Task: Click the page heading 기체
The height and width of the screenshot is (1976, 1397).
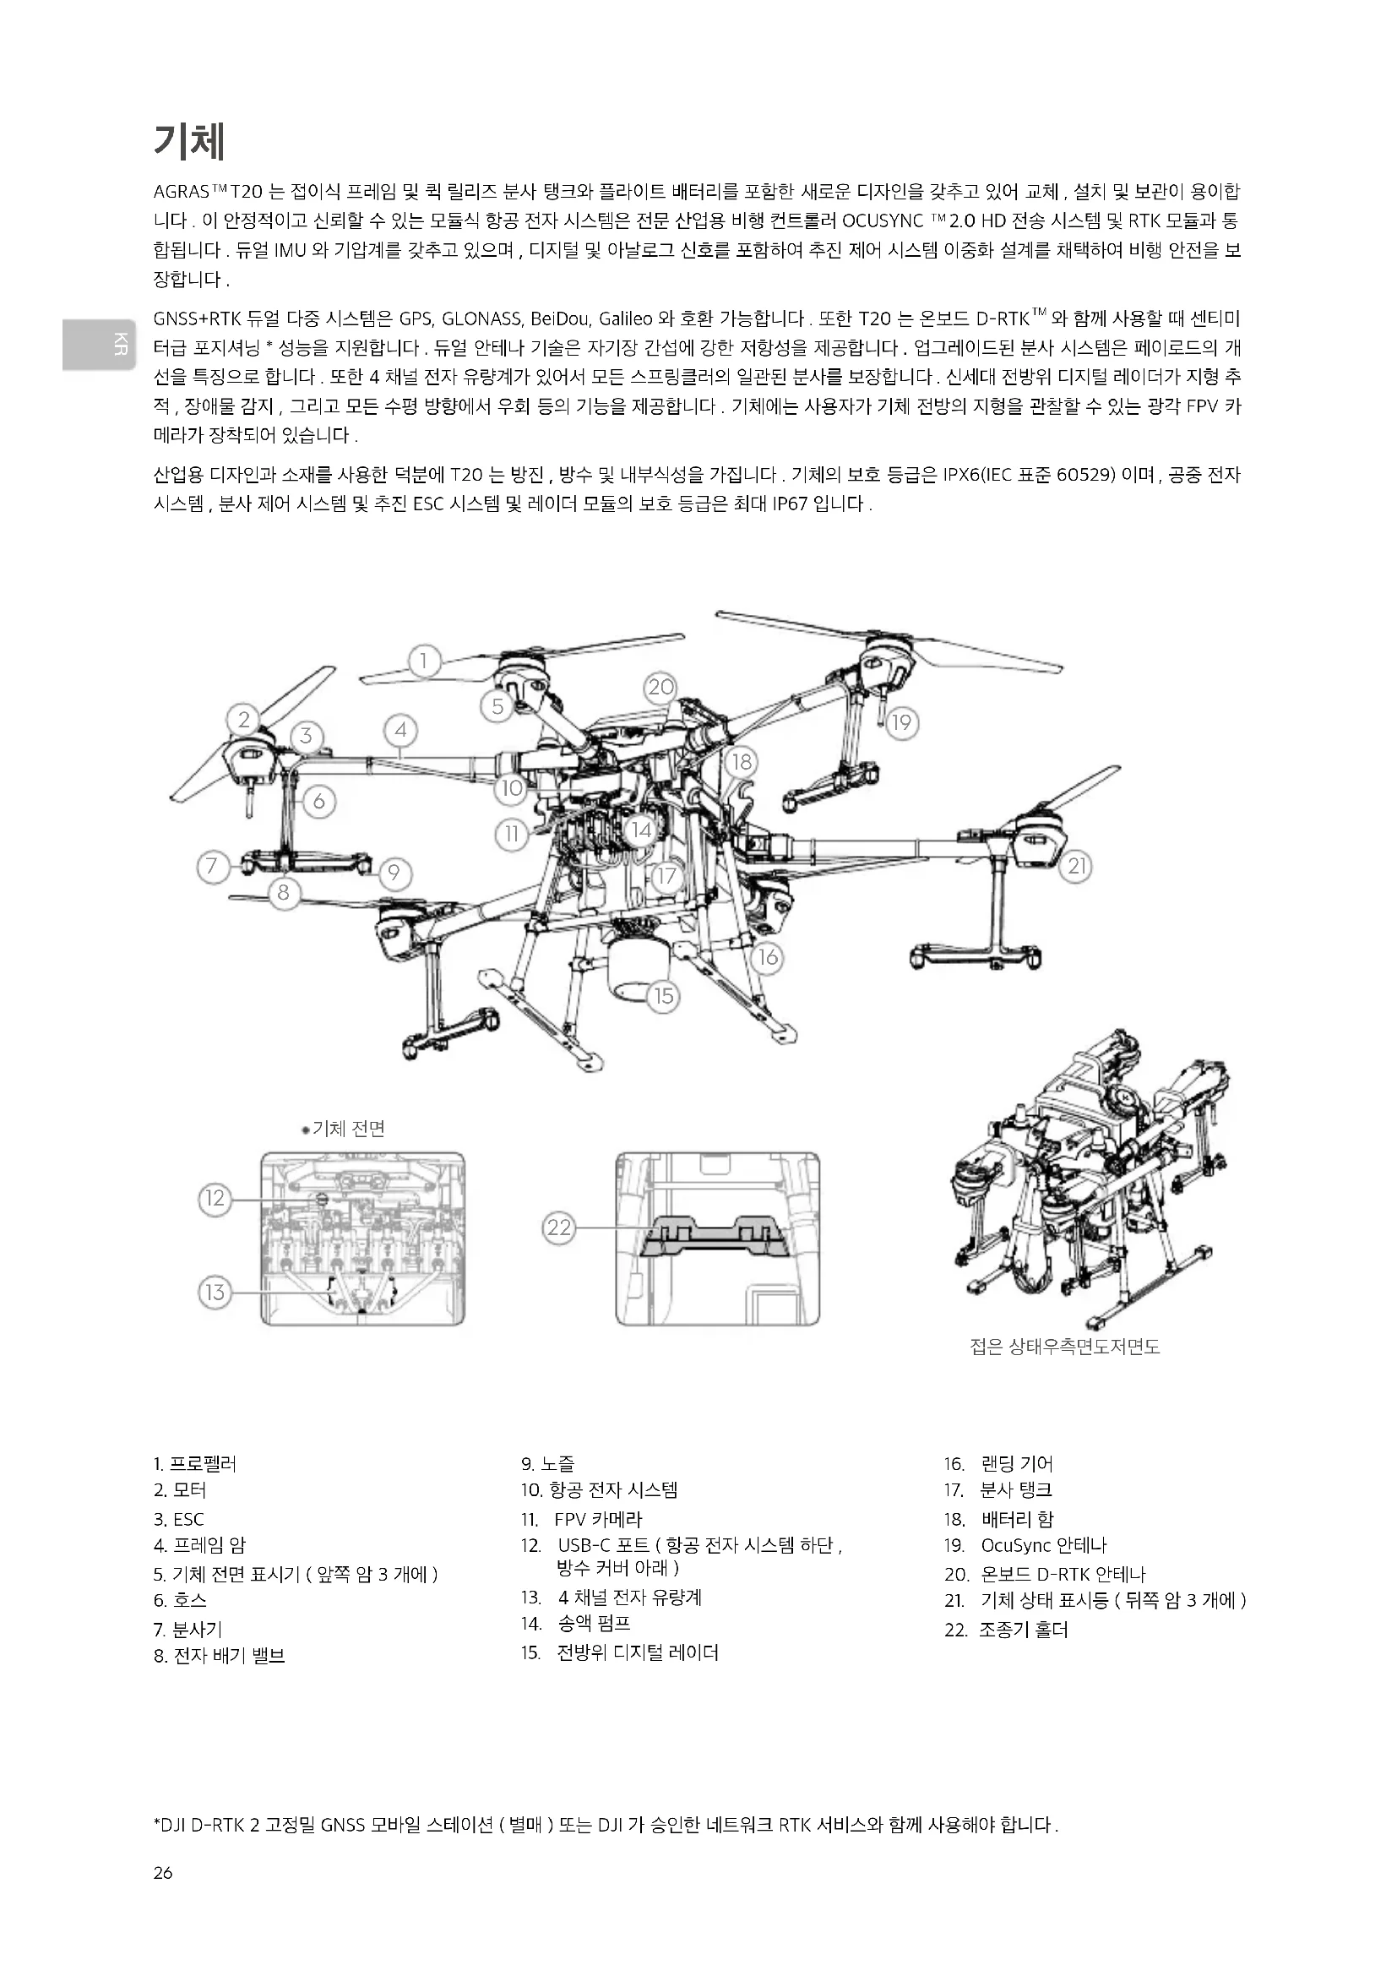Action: [x=189, y=141]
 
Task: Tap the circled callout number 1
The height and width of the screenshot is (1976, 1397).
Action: [x=424, y=661]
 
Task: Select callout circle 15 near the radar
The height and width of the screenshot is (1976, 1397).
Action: [x=663, y=996]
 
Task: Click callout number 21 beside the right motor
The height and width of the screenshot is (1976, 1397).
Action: [x=1077, y=866]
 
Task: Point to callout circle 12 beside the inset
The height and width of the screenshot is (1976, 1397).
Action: [x=215, y=1198]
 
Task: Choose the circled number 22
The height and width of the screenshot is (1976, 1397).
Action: [x=559, y=1228]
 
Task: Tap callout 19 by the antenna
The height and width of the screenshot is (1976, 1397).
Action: [x=900, y=722]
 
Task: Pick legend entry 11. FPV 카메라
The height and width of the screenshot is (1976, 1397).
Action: [x=581, y=1519]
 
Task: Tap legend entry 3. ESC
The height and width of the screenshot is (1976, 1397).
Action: [x=179, y=1519]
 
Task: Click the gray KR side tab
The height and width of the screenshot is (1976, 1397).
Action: [x=98, y=343]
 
